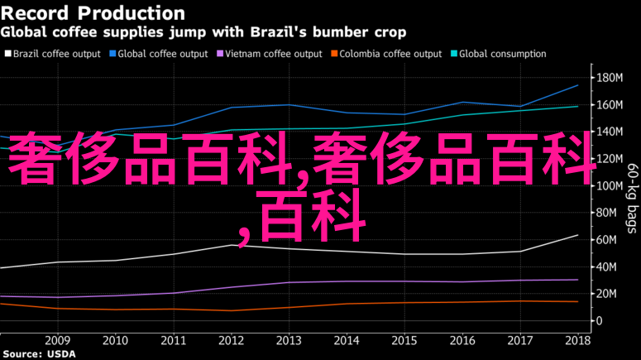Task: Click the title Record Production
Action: [93, 13]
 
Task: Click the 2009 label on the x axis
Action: [57, 339]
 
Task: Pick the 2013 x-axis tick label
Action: [289, 339]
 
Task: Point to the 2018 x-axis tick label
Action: [577, 339]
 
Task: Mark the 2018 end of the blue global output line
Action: [577, 85]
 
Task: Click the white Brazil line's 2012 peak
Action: [232, 245]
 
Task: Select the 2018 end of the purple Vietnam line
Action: [577, 280]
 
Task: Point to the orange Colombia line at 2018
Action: [577, 301]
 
